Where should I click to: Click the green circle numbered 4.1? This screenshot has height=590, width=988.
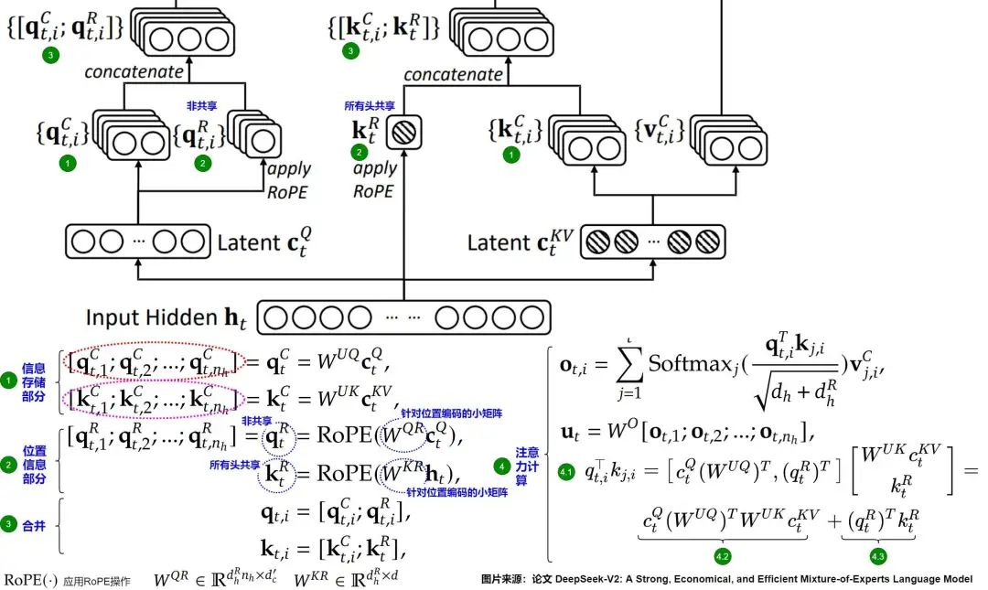[x=565, y=472]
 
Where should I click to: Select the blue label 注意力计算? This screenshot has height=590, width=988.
[x=528, y=466]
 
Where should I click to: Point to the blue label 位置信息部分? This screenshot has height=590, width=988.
[x=34, y=464]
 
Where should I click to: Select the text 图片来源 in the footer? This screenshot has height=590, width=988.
[x=504, y=579]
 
